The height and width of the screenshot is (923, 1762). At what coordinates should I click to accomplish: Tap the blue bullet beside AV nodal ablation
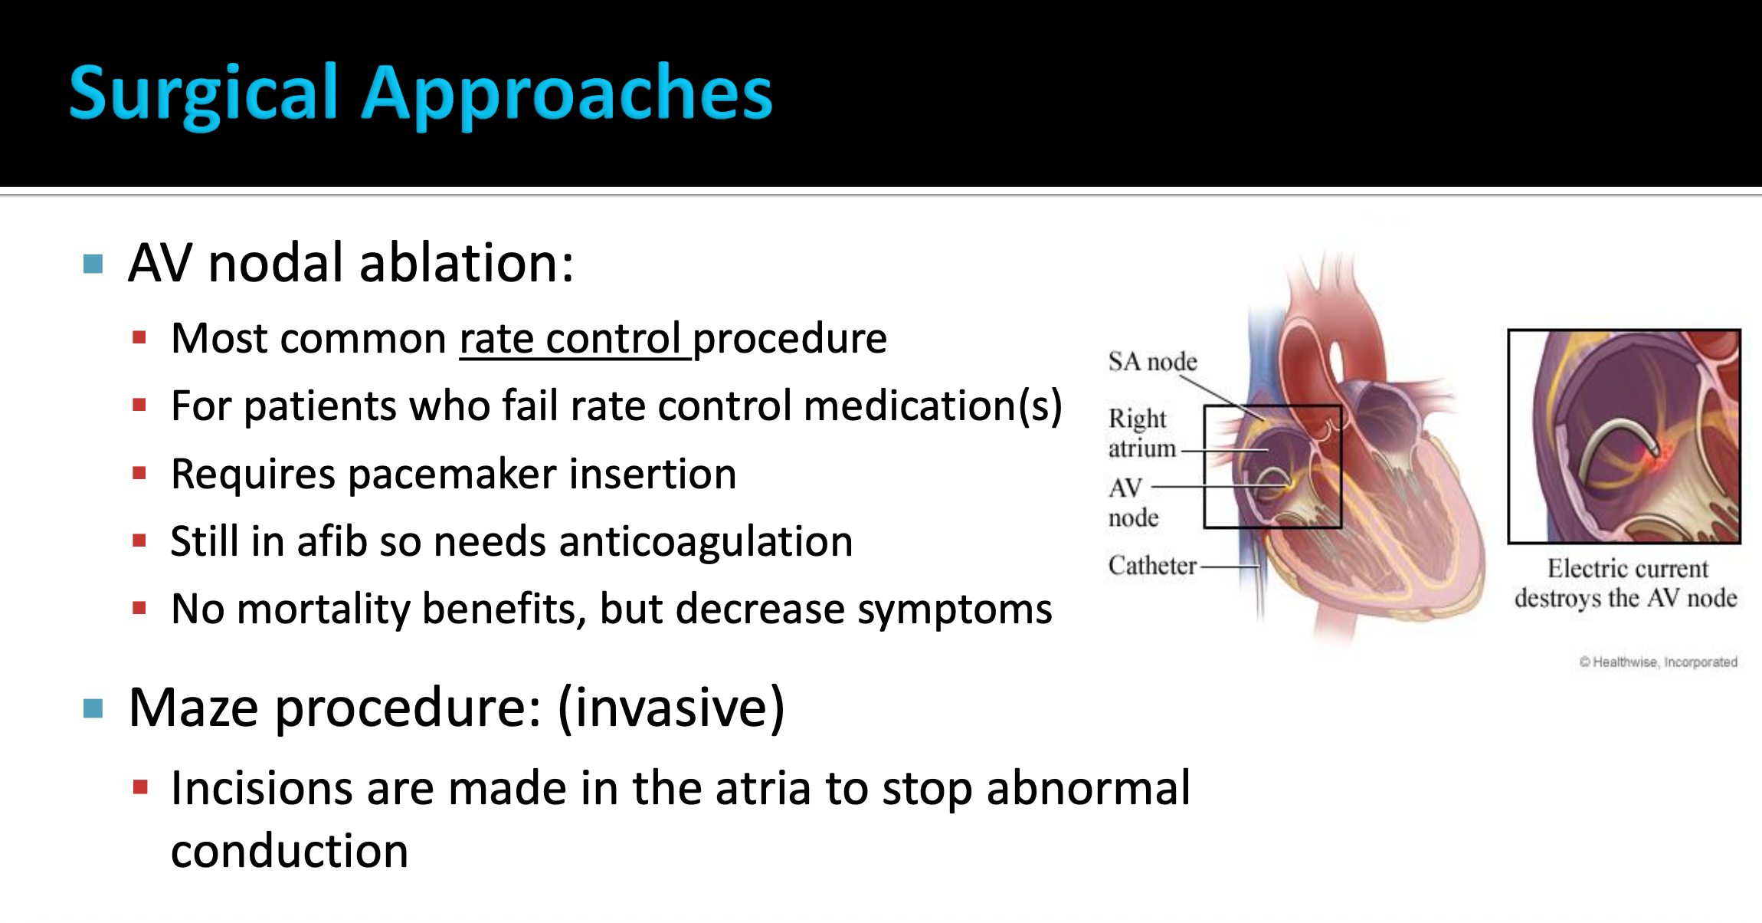point(93,264)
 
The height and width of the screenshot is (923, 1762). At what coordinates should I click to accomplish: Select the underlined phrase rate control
point(572,338)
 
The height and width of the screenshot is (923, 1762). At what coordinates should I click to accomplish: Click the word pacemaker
point(452,474)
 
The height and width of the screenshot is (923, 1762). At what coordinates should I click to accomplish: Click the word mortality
point(323,609)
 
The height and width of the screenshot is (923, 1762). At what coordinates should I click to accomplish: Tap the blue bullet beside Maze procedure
point(93,708)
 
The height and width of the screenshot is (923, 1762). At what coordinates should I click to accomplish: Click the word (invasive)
point(672,708)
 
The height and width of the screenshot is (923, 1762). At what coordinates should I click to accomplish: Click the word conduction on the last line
point(290,851)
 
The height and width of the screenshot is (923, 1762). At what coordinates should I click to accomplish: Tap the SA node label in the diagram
point(1152,361)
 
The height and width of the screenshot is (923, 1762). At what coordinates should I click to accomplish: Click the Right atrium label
point(1141,433)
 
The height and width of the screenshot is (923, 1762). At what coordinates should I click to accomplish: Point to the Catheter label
point(1152,566)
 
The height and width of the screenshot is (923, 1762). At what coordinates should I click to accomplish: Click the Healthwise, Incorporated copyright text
point(1659,662)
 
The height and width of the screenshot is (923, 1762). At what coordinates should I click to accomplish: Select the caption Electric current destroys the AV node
point(1626,583)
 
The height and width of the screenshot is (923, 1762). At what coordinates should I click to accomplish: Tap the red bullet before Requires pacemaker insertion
point(139,473)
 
